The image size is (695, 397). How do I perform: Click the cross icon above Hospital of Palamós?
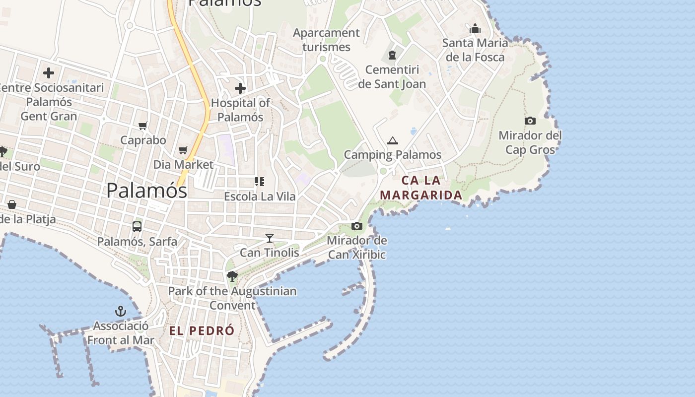(x=240, y=89)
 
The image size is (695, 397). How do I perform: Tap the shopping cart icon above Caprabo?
(x=143, y=126)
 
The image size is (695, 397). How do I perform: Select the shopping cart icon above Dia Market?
(x=183, y=150)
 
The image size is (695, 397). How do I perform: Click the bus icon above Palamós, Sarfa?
(x=137, y=227)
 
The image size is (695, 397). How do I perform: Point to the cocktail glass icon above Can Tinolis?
(x=270, y=238)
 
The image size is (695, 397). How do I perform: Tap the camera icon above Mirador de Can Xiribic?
(x=356, y=226)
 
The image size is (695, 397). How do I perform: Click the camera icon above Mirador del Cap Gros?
(x=530, y=121)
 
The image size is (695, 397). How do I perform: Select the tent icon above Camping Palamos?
(x=393, y=140)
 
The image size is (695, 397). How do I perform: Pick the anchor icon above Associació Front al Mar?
(x=121, y=311)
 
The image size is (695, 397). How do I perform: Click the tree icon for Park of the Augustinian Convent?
(x=232, y=276)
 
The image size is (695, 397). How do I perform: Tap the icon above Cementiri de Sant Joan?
(x=392, y=55)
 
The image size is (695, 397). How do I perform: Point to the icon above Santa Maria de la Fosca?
(x=475, y=28)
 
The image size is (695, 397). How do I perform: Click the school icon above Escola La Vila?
(x=260, y=182)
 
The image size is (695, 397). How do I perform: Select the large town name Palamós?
(x=146, y=191)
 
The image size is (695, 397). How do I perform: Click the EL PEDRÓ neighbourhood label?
(x=202, y=331)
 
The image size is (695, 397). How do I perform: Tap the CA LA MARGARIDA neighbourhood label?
(x=421, y=188)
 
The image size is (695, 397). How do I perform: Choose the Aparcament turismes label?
(x=326, y=40)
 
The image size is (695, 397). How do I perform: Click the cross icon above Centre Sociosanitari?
(x=49, y=73)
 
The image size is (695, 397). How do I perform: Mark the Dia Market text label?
(x=183, y=164)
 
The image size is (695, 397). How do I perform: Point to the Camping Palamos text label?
(x=393, y=154)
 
